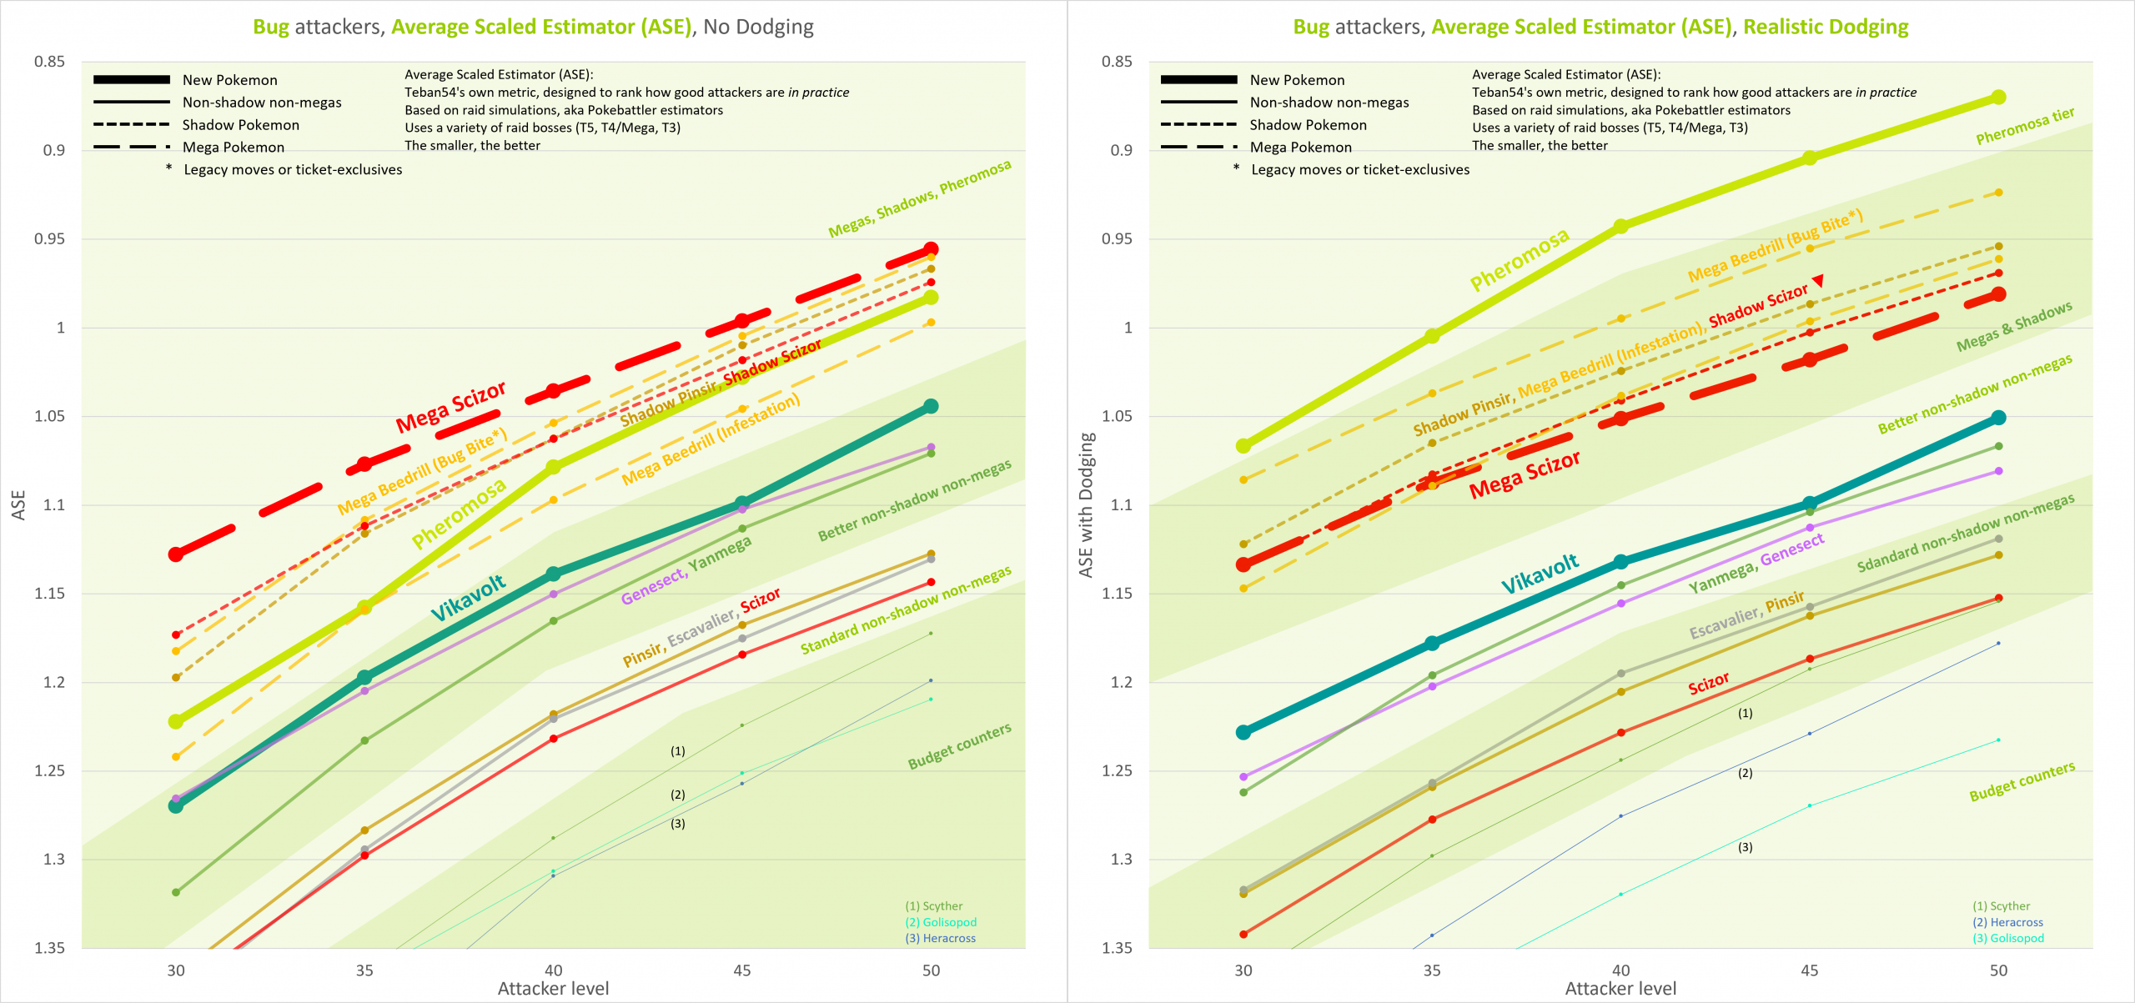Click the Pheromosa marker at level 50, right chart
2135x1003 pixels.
coord(1998,98)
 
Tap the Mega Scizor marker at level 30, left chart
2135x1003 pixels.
coord(176,554)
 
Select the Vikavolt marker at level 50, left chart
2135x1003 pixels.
coord(931,406)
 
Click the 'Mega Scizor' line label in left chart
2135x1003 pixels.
coord(450,407)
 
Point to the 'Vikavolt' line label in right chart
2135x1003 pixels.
coord(1540,574)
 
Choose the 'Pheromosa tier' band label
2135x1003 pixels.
coord(2025,126)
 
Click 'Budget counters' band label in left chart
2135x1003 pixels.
coord(959,746)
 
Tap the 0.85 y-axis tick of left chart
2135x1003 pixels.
coord(49,62)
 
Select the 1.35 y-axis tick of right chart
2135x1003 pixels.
coord(1117,948)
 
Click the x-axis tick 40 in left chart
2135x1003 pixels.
coord(553,970)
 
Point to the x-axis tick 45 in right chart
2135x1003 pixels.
coord(1809,970)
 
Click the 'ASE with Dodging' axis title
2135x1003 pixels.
coord(1086,505)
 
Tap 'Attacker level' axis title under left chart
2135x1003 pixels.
coord(553,989)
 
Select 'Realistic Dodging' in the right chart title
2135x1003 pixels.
coord(1826,27)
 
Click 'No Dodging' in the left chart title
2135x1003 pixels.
coord(758,27)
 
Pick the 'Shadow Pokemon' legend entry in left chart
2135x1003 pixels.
coord(240,125)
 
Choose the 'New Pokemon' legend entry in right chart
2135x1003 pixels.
coord(1297,80)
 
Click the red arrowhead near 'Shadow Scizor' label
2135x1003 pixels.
coord(1818,281)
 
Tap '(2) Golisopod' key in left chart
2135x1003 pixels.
coord(941,922)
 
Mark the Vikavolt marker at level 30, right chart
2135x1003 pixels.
coord(1243,732)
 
